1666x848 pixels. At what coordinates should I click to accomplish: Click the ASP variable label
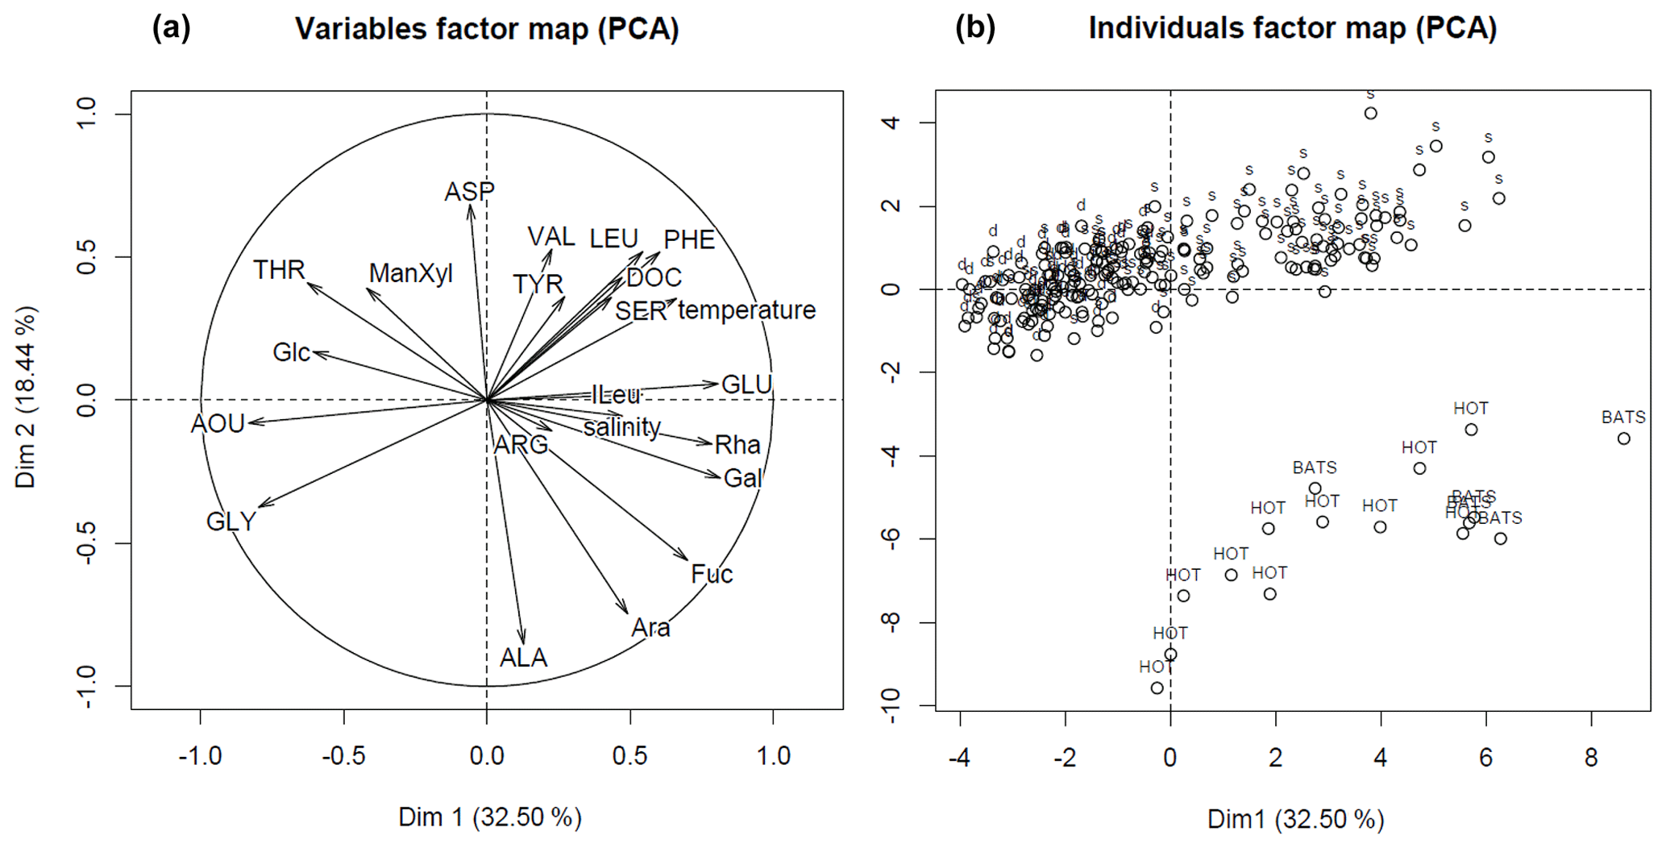pyautogui.click(x=469, y=192)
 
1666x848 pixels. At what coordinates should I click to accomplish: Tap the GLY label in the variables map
pyautogui.click(x=231, y=522)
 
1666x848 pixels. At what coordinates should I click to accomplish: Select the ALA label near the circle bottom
pyautogui.click(x=523, y=658)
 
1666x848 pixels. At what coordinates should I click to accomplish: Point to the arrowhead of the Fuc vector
pyautogui.click(x=687, y=559)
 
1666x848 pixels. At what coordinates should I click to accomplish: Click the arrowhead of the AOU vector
pyautogui.click(x=250, y=422)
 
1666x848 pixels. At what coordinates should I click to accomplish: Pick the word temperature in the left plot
pyautogui.click(x=746, y=310)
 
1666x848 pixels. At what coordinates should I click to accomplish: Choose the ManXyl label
pyautogui.click(x=410, y=273)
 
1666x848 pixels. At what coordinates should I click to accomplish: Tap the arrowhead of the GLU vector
pyautogui.click(x=717, y=384)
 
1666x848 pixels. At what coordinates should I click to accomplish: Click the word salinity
pyautogui.click(x=621, y=427)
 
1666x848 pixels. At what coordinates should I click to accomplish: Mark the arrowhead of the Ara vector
pyautogui.click(x=627, y=613)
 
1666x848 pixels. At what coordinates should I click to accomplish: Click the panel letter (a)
pyautogui.click(x=171, y=28)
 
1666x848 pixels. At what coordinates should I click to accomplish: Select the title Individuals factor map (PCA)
pyautogui.click(x=1292, y=28)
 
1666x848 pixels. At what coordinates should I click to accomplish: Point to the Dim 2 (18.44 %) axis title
pyautogui.click(x=26, y=397)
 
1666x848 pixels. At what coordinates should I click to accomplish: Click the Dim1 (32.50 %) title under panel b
pyautogui.click(x=1295, y=819)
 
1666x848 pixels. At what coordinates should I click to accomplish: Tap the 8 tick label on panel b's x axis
pyautogui.click(x=1591, y=758)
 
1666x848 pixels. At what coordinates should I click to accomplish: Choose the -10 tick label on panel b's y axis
pyautogui.click(x=890, y=706)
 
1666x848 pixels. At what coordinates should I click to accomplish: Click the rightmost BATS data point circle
pyautogui.click(x=1623, y=439)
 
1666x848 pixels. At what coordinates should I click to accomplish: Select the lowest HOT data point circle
pyautogui.click(x=1157, y=688)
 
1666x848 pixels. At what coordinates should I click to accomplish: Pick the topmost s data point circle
pyautogui.click(x=1370, y=114)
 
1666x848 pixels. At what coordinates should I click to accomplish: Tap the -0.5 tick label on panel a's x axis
pyautogui.click(x=343, y=756)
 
